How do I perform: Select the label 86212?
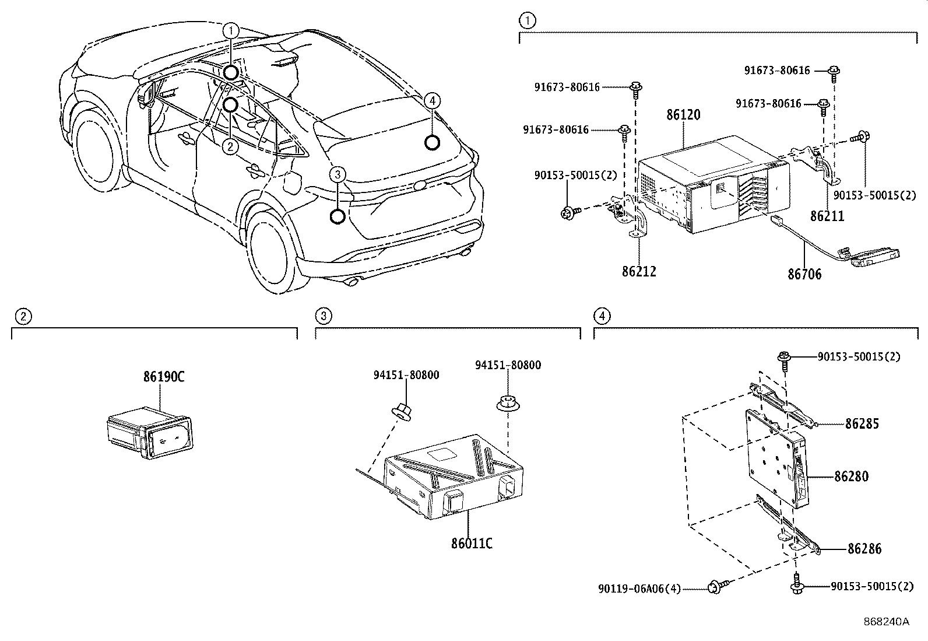[639, 271]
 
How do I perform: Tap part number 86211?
[827, 216]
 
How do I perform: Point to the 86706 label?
[804, 274]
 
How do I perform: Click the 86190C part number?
[164, 377]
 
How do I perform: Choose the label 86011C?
[472, 544]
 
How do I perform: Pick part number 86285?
[862, 424]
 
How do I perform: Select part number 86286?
[864, 549]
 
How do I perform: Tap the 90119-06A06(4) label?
[639, 589]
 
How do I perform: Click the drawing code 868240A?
[887, 622]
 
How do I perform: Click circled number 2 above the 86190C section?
[22, 317]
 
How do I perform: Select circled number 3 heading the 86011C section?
[324, 316]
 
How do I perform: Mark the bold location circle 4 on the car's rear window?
[431, 142]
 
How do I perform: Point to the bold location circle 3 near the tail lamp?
[338, 217]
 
